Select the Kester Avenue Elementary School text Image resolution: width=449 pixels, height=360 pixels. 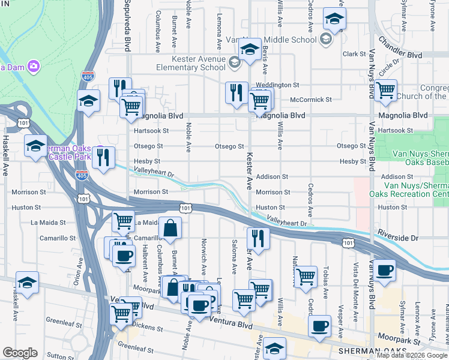coord(199,63)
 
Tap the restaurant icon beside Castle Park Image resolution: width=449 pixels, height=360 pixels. coord(104,158)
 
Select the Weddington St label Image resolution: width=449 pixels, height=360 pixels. coord(277,85)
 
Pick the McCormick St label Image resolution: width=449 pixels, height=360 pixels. coord(310,100)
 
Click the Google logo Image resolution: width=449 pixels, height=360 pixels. coord(20,353)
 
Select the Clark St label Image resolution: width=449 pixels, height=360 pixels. coord(354,54)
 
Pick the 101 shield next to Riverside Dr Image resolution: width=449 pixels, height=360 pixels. coord(348,242)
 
